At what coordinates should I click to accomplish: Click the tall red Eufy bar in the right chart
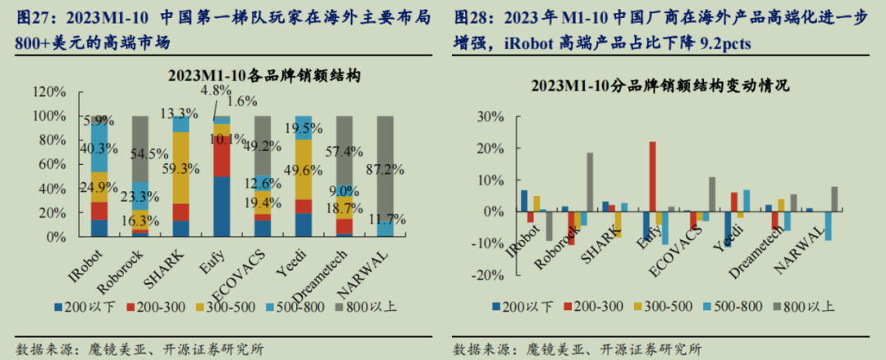click(x=652, y=176)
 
